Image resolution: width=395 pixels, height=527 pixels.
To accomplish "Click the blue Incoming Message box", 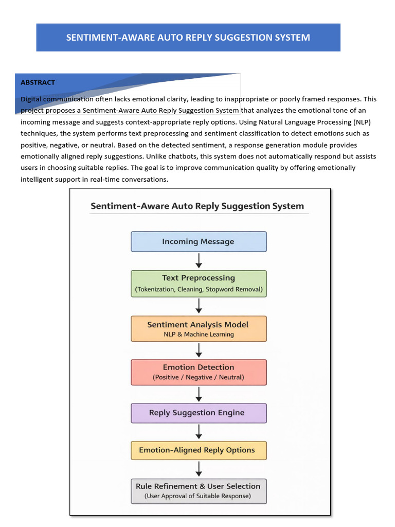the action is [199, 241].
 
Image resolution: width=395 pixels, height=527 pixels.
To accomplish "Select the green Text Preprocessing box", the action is [199, 284].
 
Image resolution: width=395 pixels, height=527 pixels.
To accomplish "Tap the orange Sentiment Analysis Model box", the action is [199, 329].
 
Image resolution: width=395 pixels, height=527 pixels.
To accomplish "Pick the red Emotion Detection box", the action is [199, 373].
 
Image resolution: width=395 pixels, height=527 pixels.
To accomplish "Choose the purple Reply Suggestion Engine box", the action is [199, 413].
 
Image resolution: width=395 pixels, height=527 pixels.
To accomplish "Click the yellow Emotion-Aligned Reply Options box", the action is [199, 450].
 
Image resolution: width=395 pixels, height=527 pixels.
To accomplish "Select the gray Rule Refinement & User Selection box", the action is [199, 491].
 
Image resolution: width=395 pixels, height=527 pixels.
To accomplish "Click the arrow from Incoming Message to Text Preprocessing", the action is [199, 261].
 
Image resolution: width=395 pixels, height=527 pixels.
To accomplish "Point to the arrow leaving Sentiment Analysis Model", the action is [199, 350].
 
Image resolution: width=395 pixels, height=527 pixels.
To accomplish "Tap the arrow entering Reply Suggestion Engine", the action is [199, 394].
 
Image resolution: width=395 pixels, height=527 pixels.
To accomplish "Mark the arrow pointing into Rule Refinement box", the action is [199, 469].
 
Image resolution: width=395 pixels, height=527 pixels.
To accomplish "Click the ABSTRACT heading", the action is [38, 82].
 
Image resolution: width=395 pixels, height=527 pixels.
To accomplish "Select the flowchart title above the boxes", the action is [197, 206].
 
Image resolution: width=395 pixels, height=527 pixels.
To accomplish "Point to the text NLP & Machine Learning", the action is [199, 335].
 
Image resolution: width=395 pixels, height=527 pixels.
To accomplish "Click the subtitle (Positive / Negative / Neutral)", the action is [199, 377].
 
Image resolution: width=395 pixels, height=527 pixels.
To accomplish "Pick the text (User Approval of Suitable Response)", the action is [197, 496].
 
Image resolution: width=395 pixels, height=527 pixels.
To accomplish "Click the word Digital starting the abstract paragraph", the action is [31, 99].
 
